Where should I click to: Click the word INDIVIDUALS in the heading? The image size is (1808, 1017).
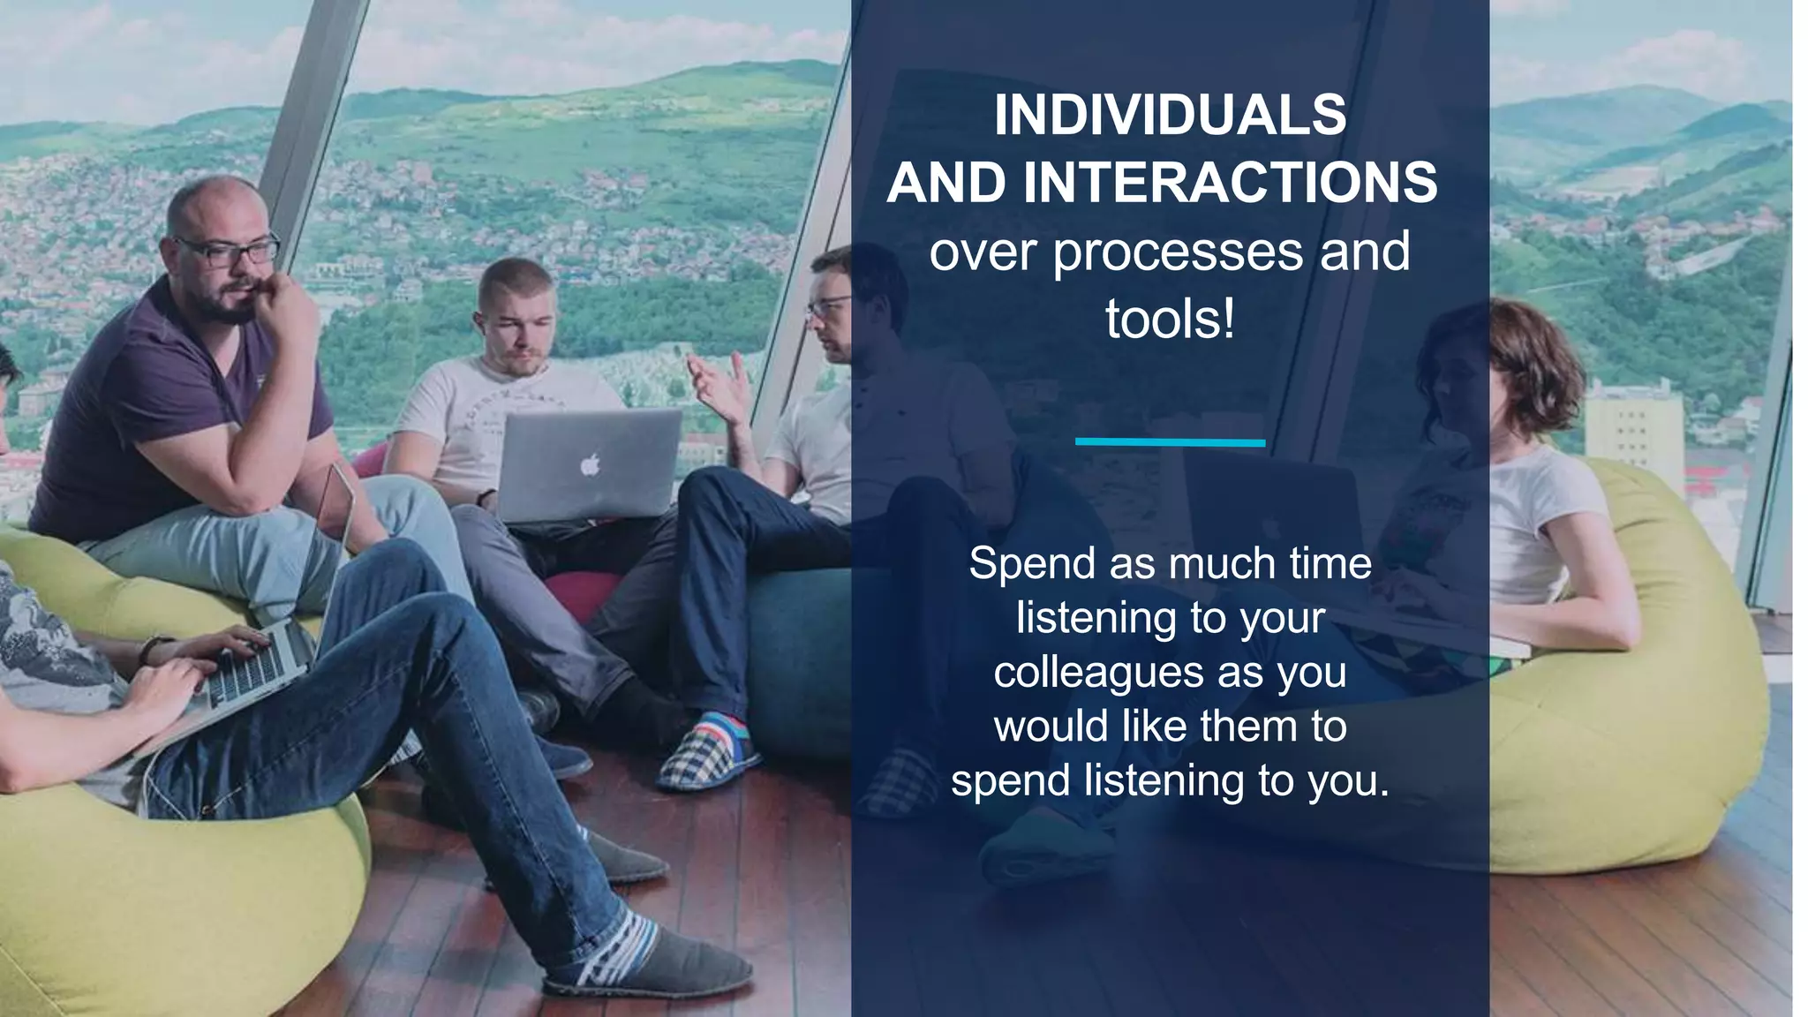click(x=1170, y=115)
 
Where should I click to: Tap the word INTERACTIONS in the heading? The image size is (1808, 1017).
click(x=1231, y=183)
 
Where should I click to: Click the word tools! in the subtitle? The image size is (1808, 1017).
click(x=1170, y=320)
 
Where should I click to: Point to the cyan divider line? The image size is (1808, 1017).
click(x=1170, y=442)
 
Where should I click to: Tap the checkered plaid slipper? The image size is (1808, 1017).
click(x=697, y=757)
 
